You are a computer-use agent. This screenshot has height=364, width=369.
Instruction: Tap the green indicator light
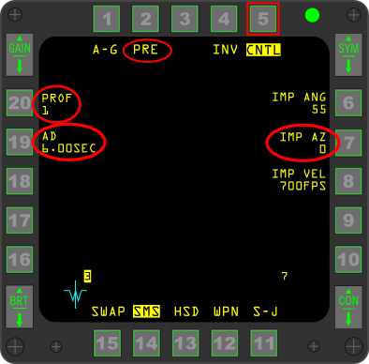(312, 16)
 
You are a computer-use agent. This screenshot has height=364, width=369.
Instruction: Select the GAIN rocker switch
(19, 55)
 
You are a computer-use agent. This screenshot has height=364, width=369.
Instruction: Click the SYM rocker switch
(348, 55)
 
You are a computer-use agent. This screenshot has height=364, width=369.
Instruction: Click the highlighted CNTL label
(263, 50)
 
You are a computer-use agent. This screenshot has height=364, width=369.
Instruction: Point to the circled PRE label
(145, 50)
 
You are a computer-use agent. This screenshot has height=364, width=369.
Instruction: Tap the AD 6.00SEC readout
(70, 142)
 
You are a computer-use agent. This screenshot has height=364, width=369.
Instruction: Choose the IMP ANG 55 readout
(298, 102)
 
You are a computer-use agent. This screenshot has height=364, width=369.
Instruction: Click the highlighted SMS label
(146, 311)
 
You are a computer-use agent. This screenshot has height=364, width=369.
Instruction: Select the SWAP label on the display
(109, 311)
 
